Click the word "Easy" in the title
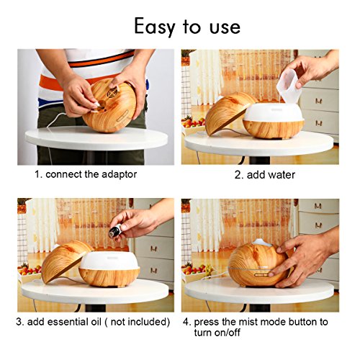pos(154,27)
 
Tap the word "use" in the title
pos(225,27)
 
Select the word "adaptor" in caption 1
pos(120,175)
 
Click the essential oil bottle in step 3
pos(114,230)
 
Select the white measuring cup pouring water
pos(289,85)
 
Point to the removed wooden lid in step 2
pos(228,113)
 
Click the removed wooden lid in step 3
pos(65,261)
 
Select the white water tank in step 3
pos(109,261)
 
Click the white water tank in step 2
pos(274,112)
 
